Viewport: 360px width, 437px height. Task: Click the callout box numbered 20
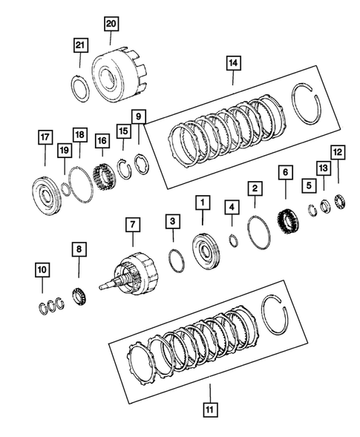111,24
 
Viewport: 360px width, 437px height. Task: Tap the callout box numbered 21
80,46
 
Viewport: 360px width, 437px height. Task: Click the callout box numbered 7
132,223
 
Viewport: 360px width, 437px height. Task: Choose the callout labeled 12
338,153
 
